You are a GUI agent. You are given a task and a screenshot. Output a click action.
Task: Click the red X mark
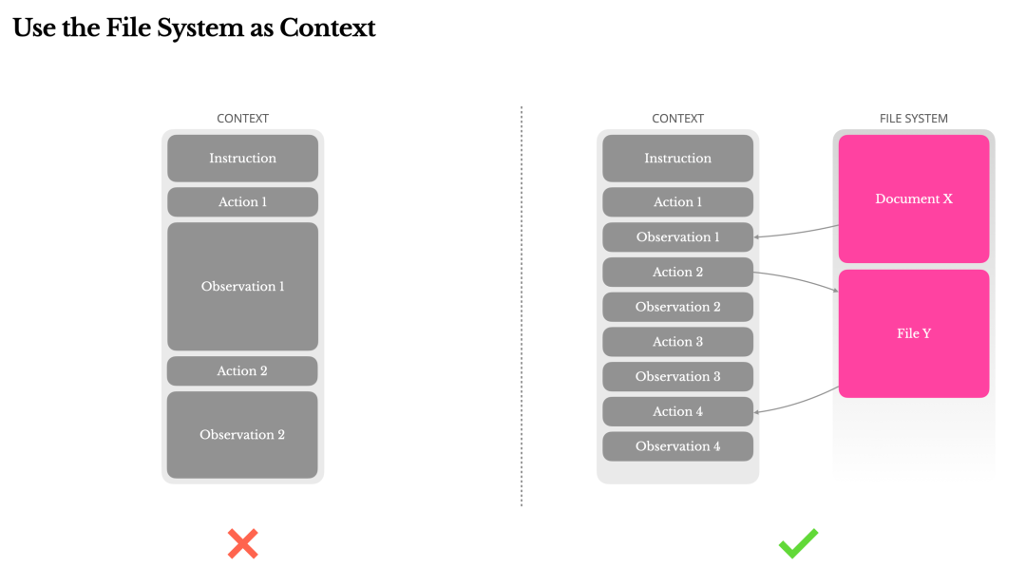243,543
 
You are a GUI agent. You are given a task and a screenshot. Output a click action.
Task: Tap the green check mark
798,543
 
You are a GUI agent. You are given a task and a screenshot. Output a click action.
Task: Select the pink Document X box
914,198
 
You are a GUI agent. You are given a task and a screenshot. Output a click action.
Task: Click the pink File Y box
914,333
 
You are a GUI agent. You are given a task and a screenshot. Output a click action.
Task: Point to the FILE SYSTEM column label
914,119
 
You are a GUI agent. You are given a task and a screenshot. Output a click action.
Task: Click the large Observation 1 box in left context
243,287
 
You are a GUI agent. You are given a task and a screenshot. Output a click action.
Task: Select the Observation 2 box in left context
242,435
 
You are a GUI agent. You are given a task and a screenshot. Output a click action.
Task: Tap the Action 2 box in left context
242,370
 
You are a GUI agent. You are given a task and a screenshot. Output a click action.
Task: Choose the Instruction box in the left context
243,159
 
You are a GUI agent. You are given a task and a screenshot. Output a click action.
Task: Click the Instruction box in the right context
678,159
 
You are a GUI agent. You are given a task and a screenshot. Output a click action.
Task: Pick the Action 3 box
678,341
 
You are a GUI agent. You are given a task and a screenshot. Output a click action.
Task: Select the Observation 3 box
678,377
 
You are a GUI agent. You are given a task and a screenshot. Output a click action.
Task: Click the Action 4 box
678,411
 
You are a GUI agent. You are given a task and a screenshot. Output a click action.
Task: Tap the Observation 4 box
678,446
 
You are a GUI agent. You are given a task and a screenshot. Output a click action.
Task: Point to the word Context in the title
327,28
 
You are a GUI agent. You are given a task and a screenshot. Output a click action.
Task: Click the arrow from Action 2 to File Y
796,278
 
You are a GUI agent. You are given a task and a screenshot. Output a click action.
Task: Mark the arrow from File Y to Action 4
796,404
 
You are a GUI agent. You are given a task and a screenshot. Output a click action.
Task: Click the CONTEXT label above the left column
243,119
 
